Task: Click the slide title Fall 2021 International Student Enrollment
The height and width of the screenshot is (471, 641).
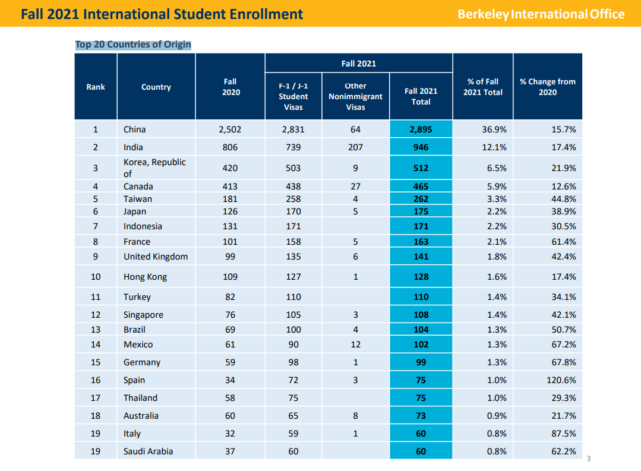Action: [162, 14]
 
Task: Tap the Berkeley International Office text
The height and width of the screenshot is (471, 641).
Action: [541, 14]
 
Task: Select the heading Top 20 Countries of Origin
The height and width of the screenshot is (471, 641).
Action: [133, 45]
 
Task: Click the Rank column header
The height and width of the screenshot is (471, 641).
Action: [96, 87]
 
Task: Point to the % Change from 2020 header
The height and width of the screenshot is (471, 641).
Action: [547, 87]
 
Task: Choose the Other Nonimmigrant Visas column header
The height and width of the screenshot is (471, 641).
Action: [355, 96]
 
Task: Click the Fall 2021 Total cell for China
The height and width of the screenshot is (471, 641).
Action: [421, 129]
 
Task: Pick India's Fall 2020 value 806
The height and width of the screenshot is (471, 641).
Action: [230, 147]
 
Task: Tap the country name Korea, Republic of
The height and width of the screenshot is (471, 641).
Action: [154, 167]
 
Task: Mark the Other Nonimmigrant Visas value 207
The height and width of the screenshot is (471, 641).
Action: [355, 147]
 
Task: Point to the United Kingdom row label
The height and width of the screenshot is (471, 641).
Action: [156, 257]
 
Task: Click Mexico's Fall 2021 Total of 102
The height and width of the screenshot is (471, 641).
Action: [421, 344]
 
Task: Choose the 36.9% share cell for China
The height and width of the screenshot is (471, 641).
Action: [482, 129]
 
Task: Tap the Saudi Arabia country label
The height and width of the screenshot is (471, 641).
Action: [149, 451]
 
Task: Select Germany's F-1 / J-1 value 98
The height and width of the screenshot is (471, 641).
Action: [293, 362]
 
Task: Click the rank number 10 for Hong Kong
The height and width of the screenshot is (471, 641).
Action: [96, 277]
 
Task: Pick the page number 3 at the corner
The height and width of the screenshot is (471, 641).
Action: [589, 458]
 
